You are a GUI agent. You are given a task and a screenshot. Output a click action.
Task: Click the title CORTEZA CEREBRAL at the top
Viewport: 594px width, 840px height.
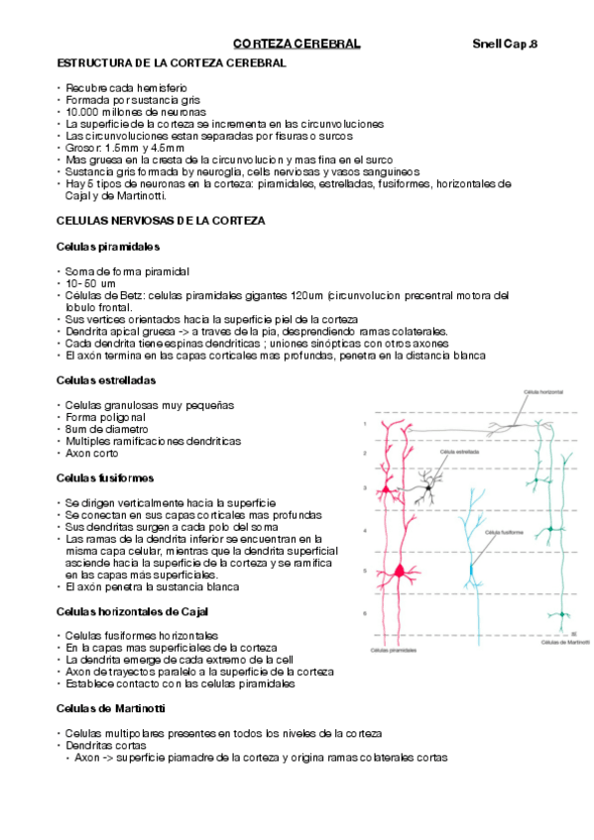[x=296, y=45]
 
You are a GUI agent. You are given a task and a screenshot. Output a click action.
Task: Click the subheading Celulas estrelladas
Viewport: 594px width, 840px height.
[x=107, y=380]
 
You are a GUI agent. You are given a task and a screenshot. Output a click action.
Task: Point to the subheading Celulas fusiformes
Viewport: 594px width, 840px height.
[x=104, y=478]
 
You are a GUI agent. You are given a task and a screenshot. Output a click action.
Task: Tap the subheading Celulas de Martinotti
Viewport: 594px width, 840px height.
[x=111, y=708]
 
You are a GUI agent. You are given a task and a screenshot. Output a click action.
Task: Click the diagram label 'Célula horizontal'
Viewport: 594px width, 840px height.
[x=544, y=393]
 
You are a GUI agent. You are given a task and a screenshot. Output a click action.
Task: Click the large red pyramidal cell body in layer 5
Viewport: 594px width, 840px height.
[x=400, y=571]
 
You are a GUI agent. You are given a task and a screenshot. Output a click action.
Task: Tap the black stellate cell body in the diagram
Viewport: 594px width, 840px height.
[x=428, y=486]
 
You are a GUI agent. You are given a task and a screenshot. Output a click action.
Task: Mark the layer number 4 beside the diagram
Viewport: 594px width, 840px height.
[x=365, y=532]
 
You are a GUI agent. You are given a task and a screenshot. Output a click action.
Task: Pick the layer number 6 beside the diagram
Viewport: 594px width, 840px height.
[x=365, y=613]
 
